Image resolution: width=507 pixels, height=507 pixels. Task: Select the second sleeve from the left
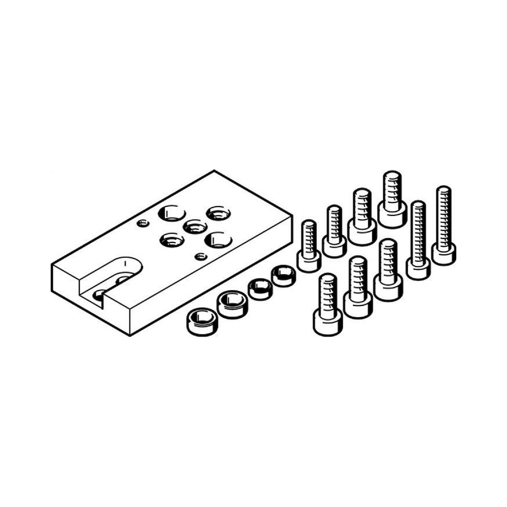click(x=231, y=304)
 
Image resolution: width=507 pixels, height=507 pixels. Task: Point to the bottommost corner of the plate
click(x=130, y=335)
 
